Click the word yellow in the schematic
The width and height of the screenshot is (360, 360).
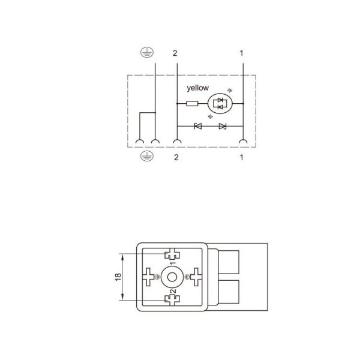(198, 88)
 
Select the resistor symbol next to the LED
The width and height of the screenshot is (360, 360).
(192, 104)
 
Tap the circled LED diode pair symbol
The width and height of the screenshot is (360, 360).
(218, 104)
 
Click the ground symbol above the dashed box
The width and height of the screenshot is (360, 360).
(143, 53)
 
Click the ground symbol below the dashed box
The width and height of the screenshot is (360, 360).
(143, 157)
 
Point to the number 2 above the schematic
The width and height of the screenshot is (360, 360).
(175, 53)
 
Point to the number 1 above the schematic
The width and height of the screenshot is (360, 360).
(241, 53)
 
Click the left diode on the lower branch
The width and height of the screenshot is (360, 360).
(197, 126)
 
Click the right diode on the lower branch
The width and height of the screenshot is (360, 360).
(223, 126)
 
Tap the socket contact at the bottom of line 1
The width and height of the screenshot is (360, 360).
(242, 142)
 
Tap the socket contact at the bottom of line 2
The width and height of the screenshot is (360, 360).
(177, 142)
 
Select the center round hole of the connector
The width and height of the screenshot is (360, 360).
(173, 277)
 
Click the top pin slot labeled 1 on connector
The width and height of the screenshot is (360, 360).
(173, 254)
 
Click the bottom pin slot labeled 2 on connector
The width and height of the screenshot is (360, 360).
(173, 299)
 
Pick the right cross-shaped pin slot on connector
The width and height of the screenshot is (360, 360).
(196, 277)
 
